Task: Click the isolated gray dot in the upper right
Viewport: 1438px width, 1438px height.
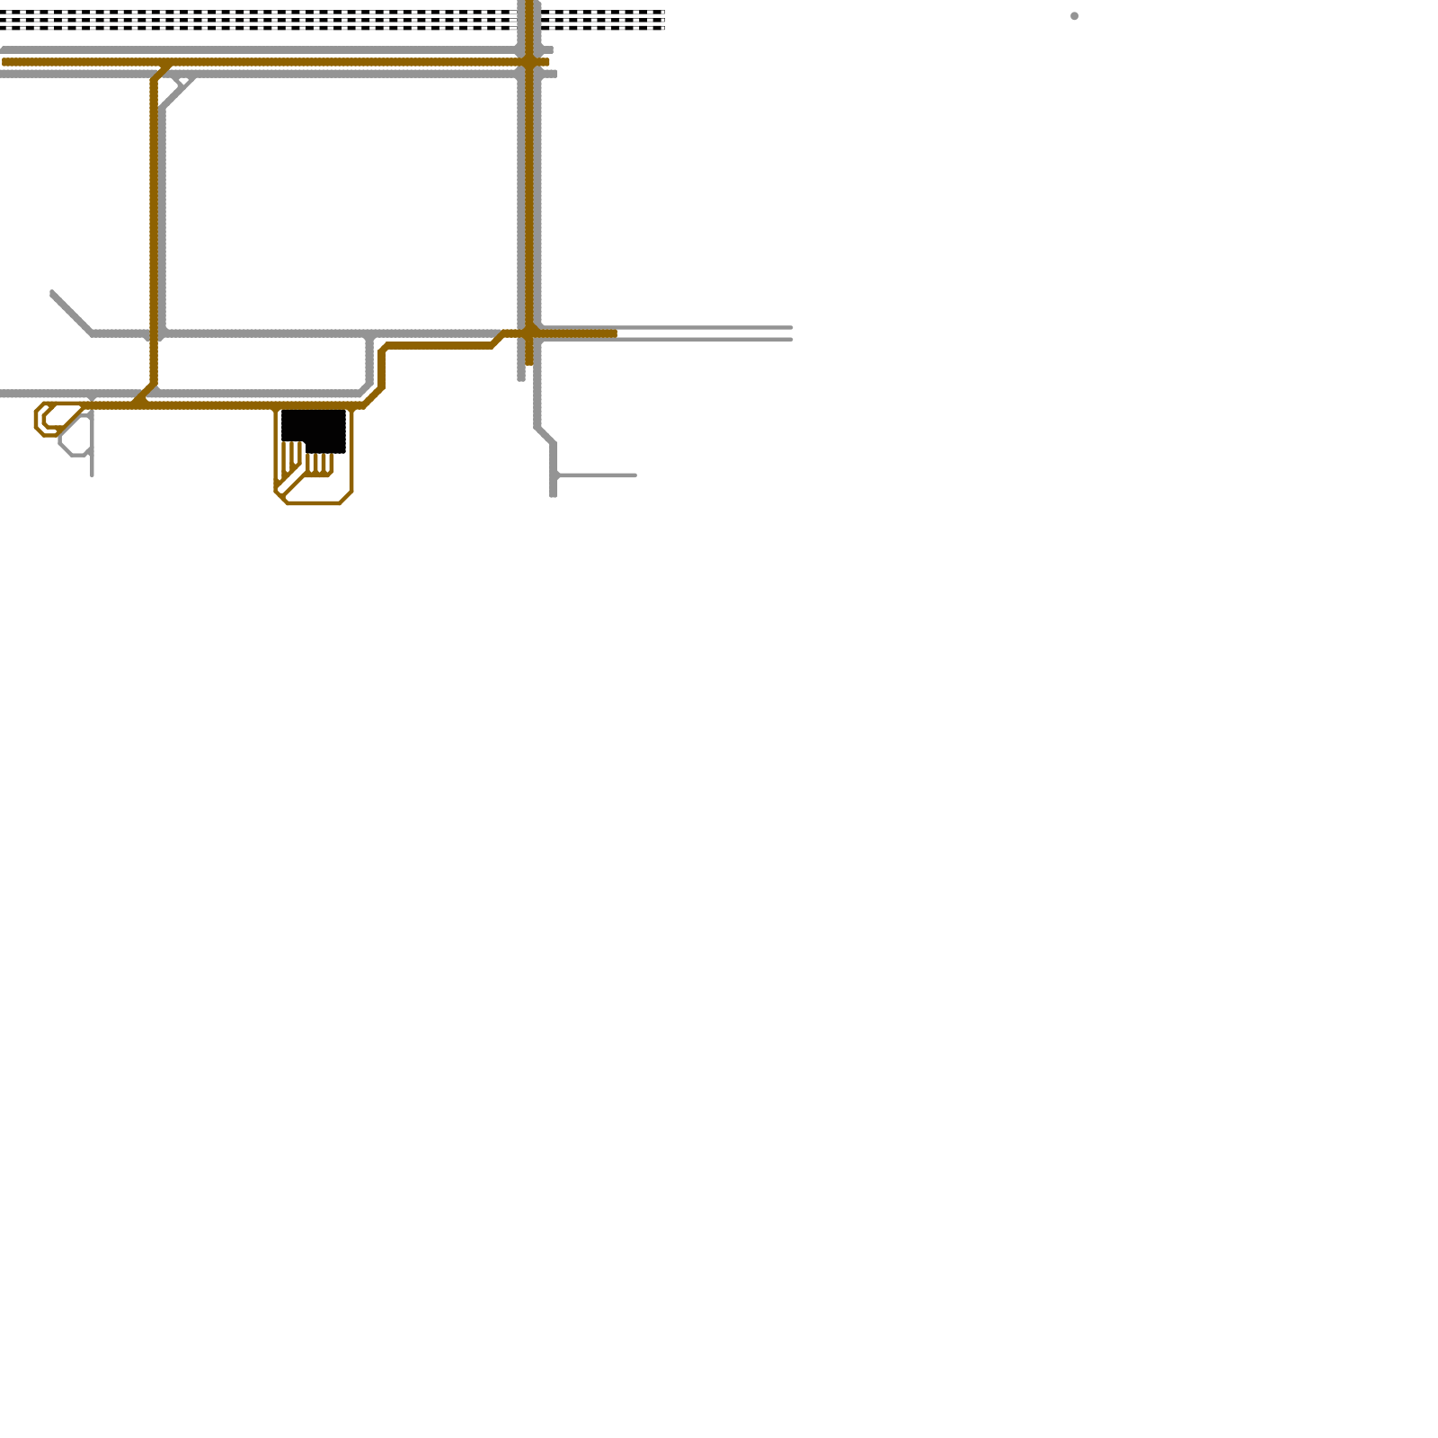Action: (x=1074, y=16)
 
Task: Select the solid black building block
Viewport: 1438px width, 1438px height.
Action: (x=314, y=430)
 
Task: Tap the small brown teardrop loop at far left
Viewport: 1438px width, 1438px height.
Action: (x=45, y=419)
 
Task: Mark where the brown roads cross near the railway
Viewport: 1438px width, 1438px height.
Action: (x=529, y=62)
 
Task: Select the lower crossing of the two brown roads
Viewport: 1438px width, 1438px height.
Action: (x=529, y=333)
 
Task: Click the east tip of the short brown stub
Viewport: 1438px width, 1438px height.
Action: (x=616, y=333)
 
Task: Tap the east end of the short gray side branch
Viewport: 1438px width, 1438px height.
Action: (x=635, y=475)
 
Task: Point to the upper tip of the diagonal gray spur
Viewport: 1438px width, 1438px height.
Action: (x=53, y=293)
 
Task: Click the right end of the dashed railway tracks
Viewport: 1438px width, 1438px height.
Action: (x=663, y=20)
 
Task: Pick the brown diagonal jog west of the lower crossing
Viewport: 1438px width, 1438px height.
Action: (x=497, y=340)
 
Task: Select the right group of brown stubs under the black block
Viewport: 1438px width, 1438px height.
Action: (x=320, y=464)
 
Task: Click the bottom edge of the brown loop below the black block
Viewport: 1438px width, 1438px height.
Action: (x=313, y=503)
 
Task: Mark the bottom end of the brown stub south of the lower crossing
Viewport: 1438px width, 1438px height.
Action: (x=529, y=363)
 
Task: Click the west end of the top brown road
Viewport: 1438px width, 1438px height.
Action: (x=5, y=62)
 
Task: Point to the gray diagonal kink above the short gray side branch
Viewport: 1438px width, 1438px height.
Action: (x=545, y=435)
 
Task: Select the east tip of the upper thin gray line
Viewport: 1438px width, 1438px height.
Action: (x=791, y=327)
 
